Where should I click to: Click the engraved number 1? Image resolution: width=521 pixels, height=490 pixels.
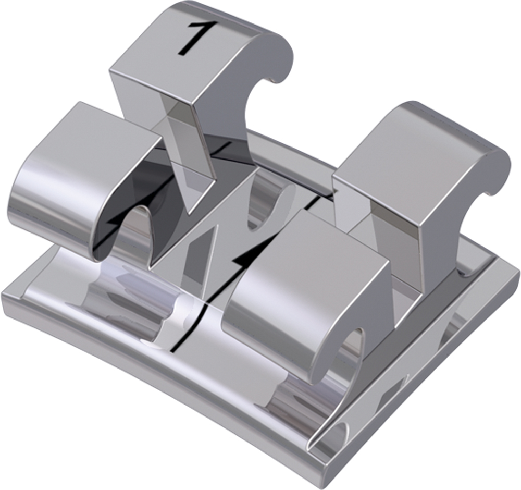point(192,37)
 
